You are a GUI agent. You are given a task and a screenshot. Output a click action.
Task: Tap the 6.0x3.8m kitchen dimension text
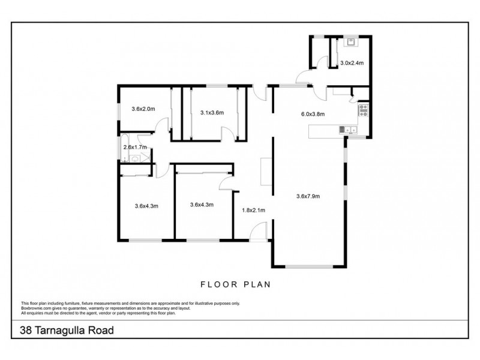312,114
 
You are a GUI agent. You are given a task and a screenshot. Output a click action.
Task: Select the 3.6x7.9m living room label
308,196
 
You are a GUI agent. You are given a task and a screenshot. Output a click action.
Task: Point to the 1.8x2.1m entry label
253,210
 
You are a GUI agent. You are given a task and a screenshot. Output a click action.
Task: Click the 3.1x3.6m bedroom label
211,112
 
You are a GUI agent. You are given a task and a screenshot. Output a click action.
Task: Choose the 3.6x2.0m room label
143,109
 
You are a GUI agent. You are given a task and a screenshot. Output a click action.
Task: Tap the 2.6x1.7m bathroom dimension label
135,147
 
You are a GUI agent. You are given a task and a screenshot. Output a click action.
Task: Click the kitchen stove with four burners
363,109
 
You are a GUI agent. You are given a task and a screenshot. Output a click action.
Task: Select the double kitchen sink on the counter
347,129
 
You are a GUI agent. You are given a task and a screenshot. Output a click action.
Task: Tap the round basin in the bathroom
136,159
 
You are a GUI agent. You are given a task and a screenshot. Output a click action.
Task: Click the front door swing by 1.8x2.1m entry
259,232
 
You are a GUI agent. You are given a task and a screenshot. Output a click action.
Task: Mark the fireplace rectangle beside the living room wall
265,171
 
